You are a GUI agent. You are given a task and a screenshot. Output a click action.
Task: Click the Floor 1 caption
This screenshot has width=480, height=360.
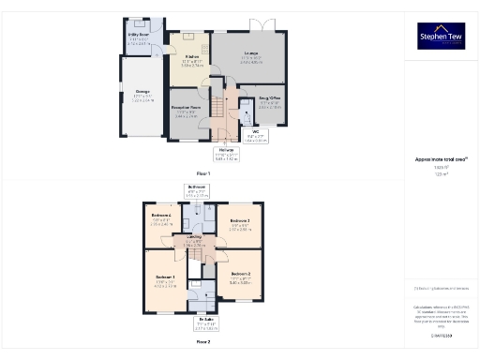pyautogui.click(x=203, y=173)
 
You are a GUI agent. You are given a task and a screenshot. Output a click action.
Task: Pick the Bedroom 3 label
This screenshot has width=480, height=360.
pyautogui.click(x=240, y=223)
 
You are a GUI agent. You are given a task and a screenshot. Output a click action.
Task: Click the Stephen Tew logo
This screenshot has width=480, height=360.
pyautogui.click(x=441, y=36)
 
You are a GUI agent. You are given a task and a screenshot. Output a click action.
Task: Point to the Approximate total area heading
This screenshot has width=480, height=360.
pyautogui.click(x=441, y=159)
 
